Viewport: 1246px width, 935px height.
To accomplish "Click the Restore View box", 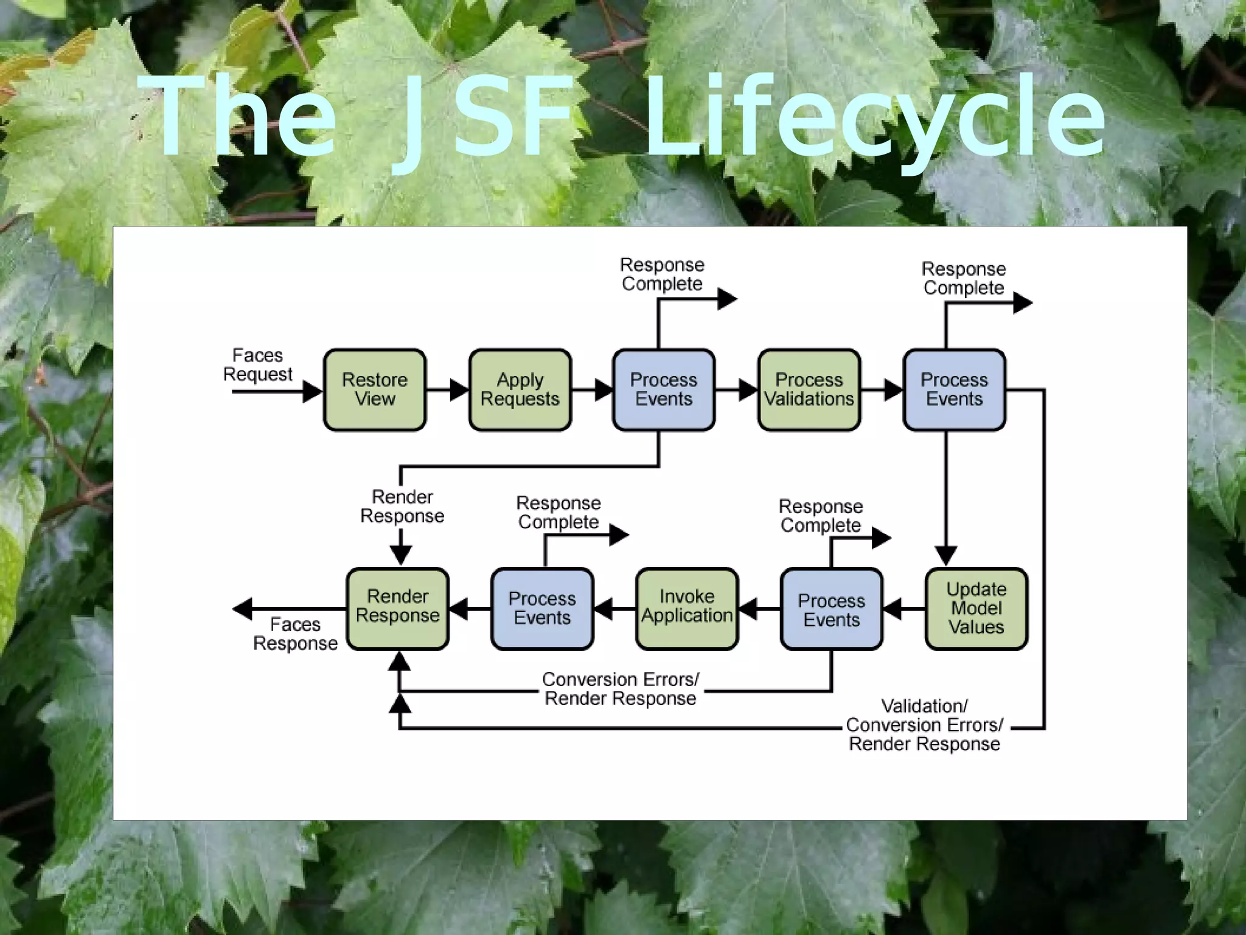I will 375,390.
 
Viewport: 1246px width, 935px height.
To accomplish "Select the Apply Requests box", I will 520,390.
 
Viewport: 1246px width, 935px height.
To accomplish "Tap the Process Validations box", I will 809,390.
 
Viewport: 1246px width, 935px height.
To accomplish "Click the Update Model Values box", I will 976,608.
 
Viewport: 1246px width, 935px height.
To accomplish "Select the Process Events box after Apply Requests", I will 664,390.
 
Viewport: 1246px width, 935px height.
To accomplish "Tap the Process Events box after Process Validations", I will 954,390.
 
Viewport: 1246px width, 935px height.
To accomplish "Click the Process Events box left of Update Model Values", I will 831,610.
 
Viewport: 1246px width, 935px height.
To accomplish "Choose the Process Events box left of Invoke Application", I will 542,608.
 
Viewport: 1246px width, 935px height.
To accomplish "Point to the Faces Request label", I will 258,364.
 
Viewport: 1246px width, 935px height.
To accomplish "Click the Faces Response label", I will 295,634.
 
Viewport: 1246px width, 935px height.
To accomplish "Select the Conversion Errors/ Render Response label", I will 620,689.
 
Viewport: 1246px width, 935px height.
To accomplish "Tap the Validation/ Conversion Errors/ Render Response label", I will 924,725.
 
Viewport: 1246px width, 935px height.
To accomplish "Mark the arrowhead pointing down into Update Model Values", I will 945,555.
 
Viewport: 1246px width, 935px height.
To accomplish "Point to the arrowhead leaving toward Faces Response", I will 243,608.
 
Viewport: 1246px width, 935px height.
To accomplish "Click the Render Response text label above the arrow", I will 402,506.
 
